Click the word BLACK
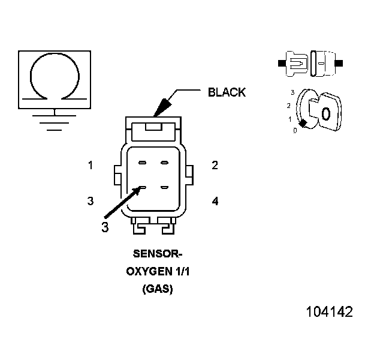pyautogui.click(x=227, y=92)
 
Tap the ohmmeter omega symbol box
pyautogui.click(x=55, y=79)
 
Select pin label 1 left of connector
pyautogui.click(x=91, y=165)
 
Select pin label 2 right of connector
pyautogui.click(x=215, y=165)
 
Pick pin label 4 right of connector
pyautogui.click(x=215, y=200)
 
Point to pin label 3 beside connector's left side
pyautogui.click(x=91, y=201)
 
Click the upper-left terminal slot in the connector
pyautogui.click(x=142, y=163)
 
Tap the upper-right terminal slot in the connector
pyautogui.click(x=165, y=163)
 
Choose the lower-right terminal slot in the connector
pyautogui.click(x=165, y=188)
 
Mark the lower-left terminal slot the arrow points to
pyautogui.click(x=143, y=188)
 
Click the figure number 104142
pyautogui.click(x=329, y=312)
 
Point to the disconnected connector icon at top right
pyautogui.click(x=311, y=63)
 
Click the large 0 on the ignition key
pyautogui.click(x=325, y=113)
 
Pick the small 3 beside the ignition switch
pyautogui.click(x=292, y=92)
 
